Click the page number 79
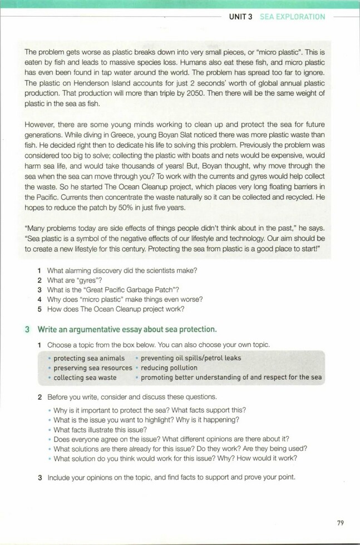341,522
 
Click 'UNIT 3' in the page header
241,17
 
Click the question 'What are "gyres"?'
78,280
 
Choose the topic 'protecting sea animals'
89,358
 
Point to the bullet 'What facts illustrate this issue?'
100,429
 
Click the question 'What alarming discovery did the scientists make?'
122,270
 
